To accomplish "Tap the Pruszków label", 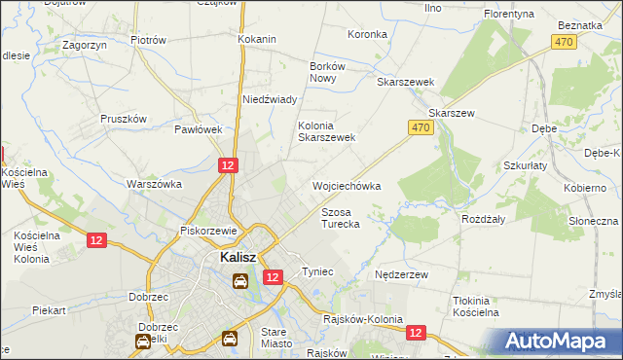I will point(124,119).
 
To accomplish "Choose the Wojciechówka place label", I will point(346,185).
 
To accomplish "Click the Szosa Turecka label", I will point(341,217).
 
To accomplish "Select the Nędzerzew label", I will point(402,275).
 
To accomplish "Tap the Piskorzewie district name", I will point(210,231).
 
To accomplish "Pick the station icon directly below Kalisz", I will point(239,281).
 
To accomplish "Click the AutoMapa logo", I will point(559,342).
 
